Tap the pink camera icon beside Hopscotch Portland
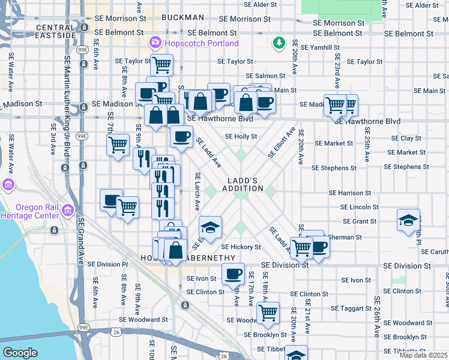coord(155,43)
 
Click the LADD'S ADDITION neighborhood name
coord(246,184)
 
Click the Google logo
coord(20,353)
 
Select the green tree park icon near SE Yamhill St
coord(279,43)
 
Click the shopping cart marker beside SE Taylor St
coord(160,64)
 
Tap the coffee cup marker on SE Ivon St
coord(233,274)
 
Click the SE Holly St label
coord(241,137)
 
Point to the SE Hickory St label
coord(241,247)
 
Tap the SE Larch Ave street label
coord(197,191)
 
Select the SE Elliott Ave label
coord(281,142)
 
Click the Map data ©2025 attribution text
coord(423,355)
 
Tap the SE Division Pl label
coord(107,263)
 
